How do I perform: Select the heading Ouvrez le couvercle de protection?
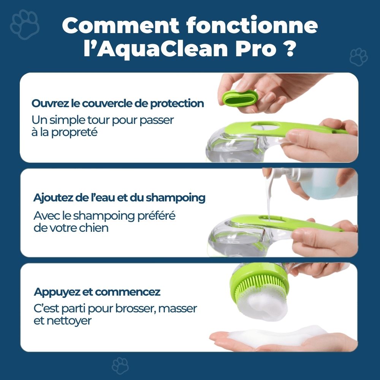point(118,103)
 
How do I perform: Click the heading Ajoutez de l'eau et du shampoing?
point(119,198)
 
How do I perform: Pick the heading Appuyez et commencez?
point(97,292)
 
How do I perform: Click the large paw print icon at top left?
point(25,25)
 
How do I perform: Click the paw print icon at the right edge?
point(358,57)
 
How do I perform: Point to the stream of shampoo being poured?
point(269,201)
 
